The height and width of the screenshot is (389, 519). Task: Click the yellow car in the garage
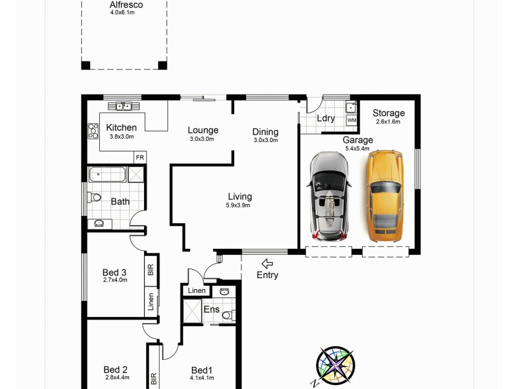coord(385,196)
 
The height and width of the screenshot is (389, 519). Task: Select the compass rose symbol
coord(335,364)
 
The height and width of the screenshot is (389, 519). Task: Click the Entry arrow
coord(267,263)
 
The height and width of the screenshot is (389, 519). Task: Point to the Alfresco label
coord(126,5)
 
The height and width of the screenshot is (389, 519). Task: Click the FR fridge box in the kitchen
coord(139,157)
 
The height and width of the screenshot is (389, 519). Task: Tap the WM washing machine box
coord(351,121)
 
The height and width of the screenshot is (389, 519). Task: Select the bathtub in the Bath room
coord(108,174)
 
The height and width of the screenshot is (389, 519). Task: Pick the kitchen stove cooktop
coord(92,131)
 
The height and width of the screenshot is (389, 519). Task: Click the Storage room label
coord(389,113)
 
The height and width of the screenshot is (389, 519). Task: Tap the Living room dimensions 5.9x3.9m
coord(239,206)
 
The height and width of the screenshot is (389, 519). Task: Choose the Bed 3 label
coord(115,272)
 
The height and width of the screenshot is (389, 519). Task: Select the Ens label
coord(211,309)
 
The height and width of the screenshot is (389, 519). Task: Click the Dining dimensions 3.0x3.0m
coord(265,140)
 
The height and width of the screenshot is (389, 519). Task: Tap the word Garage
coord(357,140)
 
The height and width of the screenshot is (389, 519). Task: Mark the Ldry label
coord(326,118)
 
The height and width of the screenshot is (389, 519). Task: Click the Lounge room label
coord(203,130)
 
